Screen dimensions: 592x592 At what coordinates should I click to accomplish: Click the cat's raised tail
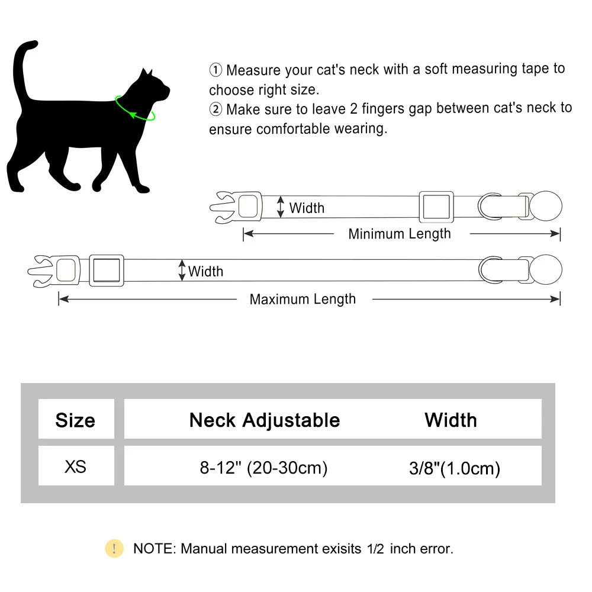[22, 71]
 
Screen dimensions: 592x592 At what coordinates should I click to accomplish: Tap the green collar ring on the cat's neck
[136, 110]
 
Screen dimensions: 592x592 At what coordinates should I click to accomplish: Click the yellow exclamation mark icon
[114, 549]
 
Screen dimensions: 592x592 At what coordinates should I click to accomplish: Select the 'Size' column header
[75, 420]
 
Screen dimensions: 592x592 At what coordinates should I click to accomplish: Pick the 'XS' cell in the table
[75, 466]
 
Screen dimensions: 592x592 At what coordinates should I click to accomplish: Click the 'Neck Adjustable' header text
[265, 420]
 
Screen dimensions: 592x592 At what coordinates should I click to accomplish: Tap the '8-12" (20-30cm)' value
[263, 468]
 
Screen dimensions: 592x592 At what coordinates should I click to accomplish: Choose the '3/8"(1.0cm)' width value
[454, 469]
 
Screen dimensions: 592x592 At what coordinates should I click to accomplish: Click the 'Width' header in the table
[451, 420]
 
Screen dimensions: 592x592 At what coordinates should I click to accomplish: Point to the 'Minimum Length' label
[399, 234]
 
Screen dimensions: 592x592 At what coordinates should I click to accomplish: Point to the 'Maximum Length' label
[303, 299]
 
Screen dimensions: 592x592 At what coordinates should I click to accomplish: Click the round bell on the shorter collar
[545, 207]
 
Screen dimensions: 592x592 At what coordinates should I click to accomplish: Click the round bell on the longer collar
[545, 270]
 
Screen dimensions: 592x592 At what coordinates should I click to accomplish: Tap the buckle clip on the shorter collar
[237, 207]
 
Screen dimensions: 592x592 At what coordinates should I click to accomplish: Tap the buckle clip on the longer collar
[54, 271]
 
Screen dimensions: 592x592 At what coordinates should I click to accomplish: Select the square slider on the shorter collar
[436, 207]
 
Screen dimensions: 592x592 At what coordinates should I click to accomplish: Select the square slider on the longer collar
[107, 271]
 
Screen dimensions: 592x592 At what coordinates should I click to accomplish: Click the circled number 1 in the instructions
[215, 70]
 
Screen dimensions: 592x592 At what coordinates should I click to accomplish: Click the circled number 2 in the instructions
[215, 110]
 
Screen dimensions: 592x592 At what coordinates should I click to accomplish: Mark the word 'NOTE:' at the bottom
[154, 549]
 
